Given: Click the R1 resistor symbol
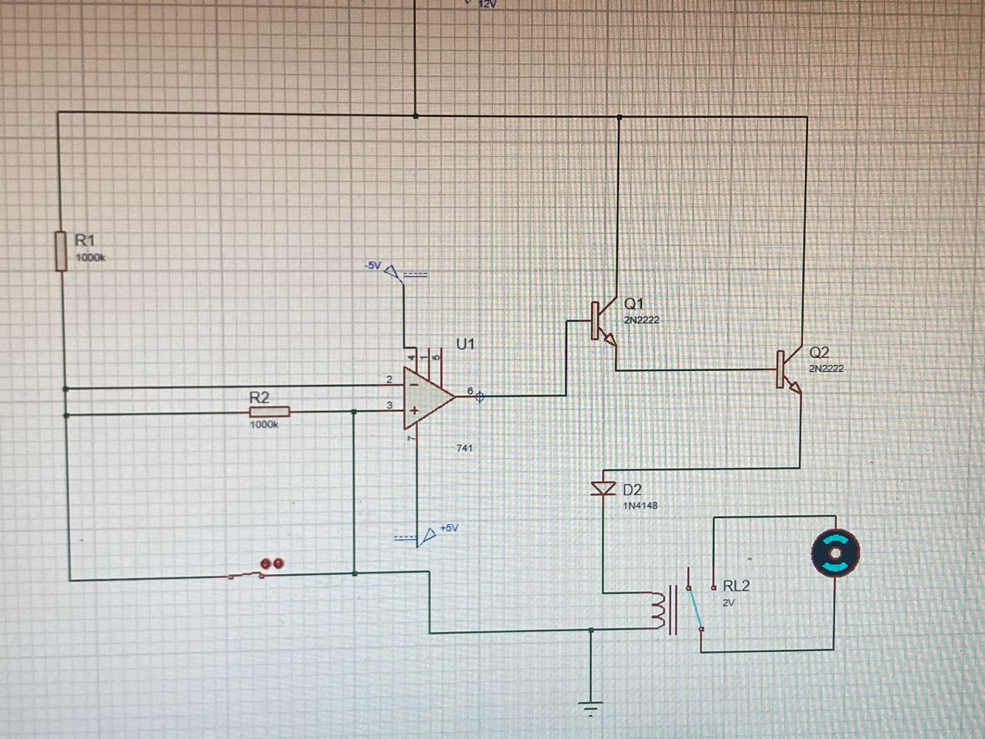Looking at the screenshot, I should (x=61, y=250).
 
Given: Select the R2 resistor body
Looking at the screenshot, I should (x=269, y=412).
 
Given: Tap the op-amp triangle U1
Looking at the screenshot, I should (x=427, y=396).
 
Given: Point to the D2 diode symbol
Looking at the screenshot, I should (x=603, y=488).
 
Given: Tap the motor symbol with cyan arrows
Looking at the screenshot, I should (x=835, y=553).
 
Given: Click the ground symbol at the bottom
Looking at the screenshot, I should (x=591, y=708).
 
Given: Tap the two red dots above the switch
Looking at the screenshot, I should (x=272, y=564).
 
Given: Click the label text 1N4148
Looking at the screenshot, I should (x=640, y=506).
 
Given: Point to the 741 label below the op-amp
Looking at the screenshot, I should (x=464, y=447).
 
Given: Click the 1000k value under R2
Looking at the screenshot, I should (x=263, y=425).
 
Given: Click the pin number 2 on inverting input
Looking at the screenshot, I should (x=389, y=379).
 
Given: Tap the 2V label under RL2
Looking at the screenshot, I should (x=728, y=603).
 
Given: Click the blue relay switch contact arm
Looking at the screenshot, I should (x=694, y=608).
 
